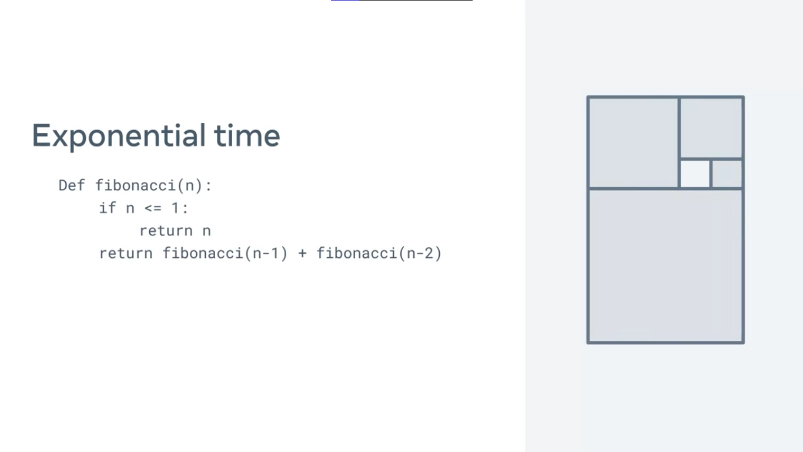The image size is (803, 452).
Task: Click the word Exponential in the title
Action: click(119, 136)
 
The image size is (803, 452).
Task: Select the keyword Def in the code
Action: click(72, 185)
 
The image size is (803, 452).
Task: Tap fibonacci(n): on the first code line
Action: click(153, 186)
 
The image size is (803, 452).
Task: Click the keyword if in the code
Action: click(108, 208)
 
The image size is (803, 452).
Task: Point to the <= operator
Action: click(153, 208)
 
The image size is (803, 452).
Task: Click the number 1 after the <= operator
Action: click(175, 208)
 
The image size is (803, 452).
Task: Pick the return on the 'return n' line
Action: click(166, 231)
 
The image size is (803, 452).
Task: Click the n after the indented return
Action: click(206, 231)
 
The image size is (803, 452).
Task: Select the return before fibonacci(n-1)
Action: click(126, 254)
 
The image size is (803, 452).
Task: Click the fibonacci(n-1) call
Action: click(225, 254)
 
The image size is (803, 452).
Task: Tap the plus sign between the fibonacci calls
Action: click(303, 254)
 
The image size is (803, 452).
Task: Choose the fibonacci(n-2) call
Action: click(379, 254)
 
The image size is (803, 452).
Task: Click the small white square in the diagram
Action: click(695, 174)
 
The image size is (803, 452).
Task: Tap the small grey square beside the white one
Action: click(727, 174)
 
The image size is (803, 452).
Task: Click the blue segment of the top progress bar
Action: click(345, 1)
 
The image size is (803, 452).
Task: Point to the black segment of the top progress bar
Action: click(416, 1)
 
